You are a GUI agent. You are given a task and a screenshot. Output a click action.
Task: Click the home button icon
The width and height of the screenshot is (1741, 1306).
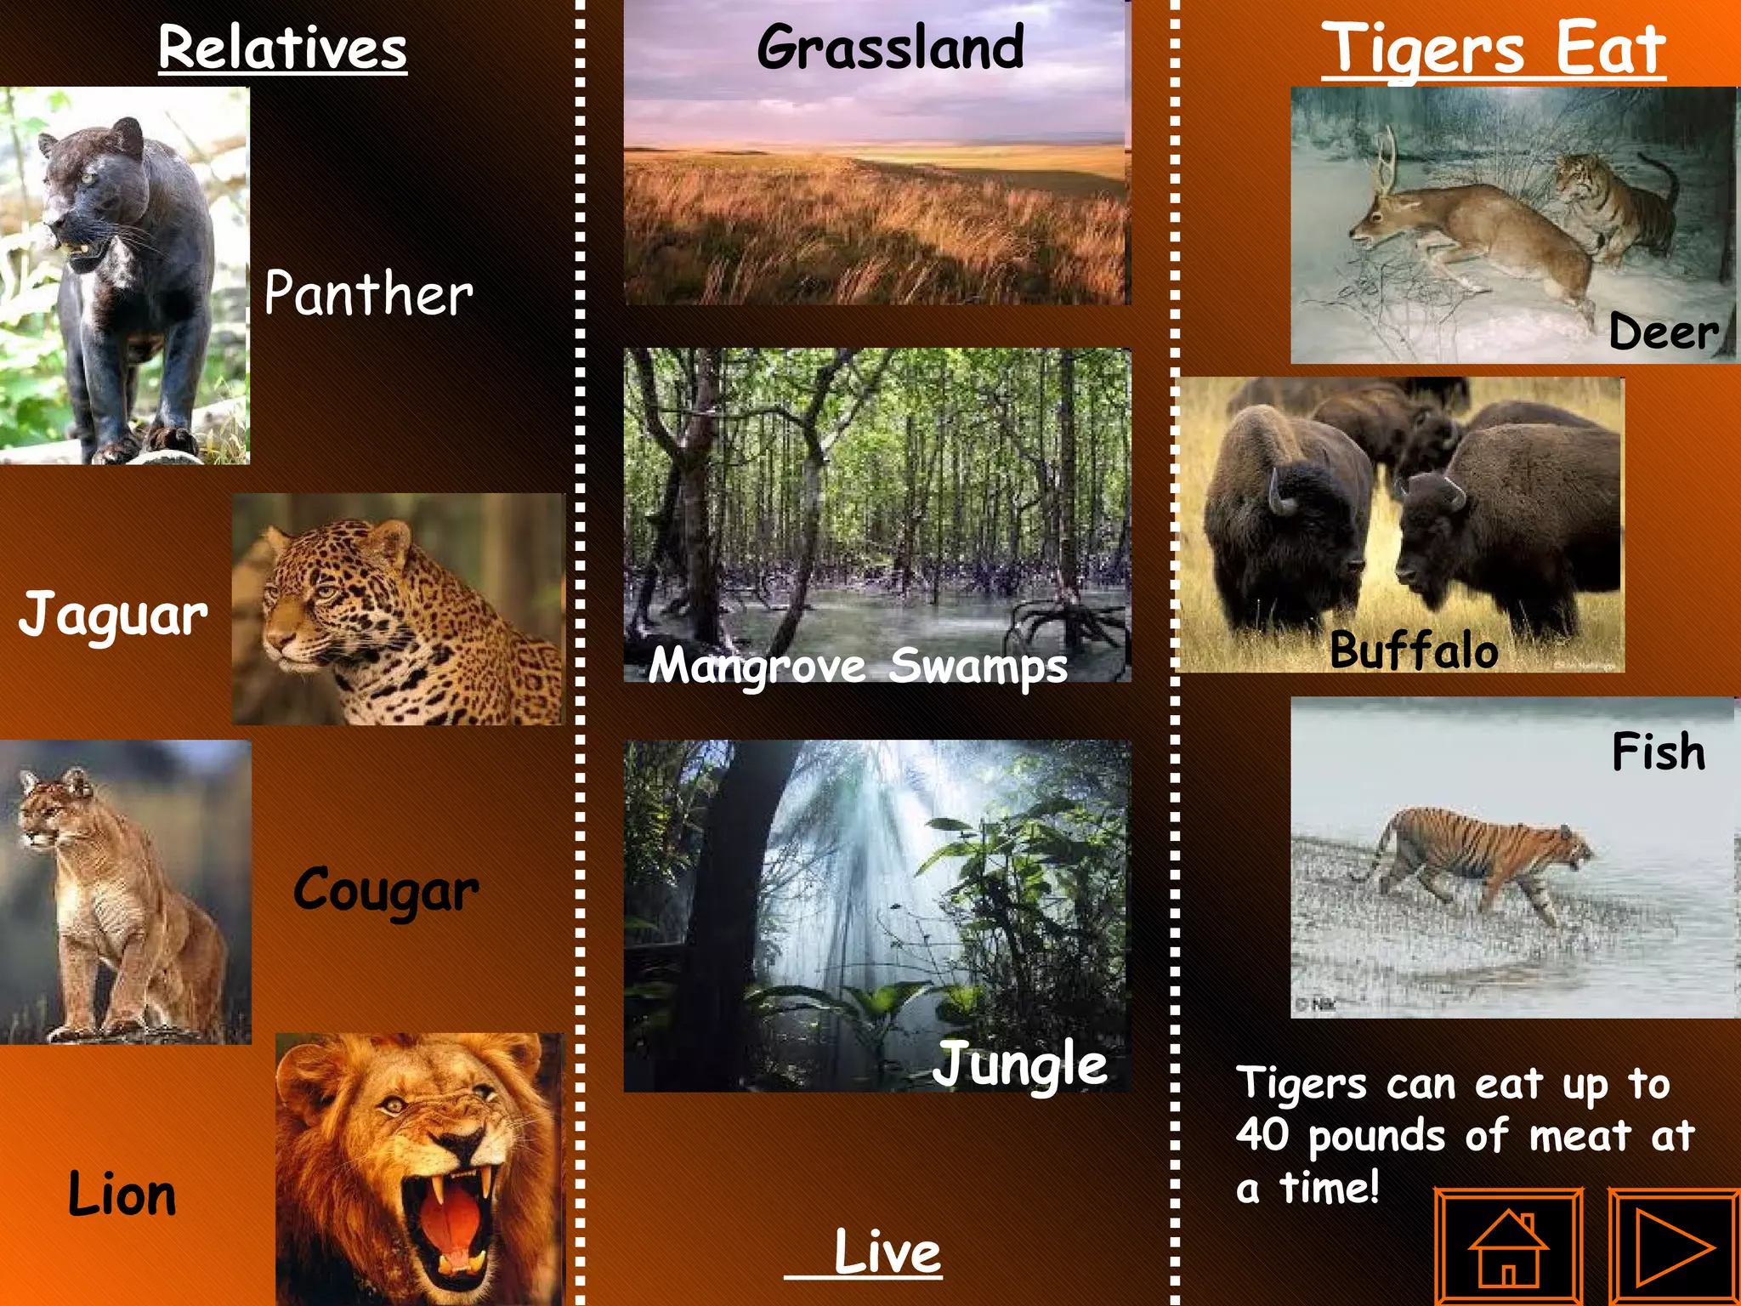[1508, 1246]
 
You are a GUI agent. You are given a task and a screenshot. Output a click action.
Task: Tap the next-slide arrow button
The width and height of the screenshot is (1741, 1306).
[1674, 1246]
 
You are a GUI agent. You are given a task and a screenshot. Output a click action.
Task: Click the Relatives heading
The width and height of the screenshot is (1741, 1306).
[282, 48]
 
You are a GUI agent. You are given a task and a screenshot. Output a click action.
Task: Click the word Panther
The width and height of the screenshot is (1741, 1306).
[368, 293]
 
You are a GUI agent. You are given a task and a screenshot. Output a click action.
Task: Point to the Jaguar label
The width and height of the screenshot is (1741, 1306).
[113, 614]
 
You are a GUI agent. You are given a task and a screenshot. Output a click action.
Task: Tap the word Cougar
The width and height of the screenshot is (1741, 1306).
[386, 890]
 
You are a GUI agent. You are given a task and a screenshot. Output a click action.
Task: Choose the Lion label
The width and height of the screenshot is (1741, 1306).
[122, 1194]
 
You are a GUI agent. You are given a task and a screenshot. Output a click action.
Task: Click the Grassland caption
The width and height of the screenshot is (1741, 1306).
[890, 48]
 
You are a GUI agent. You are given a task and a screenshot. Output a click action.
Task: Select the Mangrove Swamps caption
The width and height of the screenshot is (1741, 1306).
[857, 665]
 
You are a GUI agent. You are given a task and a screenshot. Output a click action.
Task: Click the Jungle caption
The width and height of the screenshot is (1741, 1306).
[1020, 1065]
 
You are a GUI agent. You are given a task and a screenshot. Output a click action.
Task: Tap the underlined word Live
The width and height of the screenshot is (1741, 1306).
[887, 1252]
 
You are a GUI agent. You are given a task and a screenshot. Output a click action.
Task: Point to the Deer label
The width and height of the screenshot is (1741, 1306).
[1663, 332]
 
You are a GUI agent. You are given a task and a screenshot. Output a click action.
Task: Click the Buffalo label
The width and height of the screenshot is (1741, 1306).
[1414, 650]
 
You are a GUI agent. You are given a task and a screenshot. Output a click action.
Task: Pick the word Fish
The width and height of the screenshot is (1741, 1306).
[1658, 752]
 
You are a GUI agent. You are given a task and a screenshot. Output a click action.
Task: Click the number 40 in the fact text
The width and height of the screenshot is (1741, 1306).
[1262, 1134]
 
